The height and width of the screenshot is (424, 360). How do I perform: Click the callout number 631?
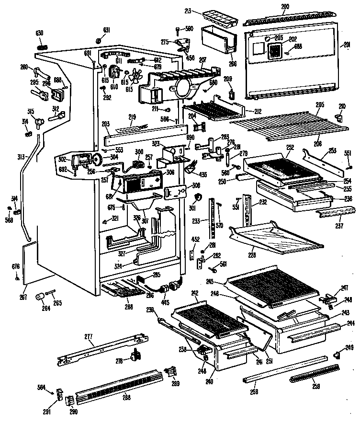click(106, 30)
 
